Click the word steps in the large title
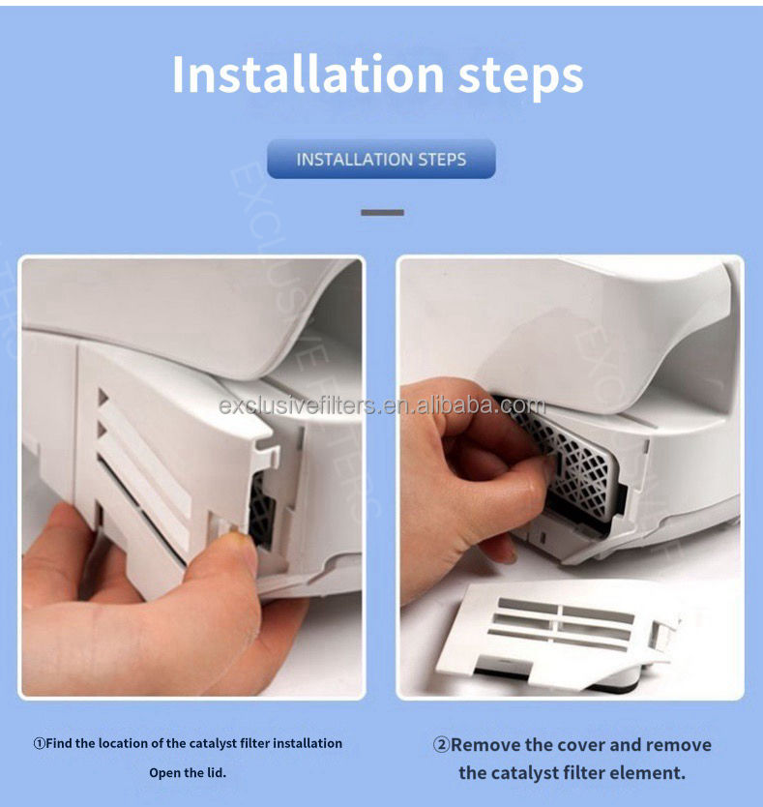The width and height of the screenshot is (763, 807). click(520, 77)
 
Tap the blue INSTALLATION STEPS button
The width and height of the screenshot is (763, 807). click(381, 159)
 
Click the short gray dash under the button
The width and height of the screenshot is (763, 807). click(382, 213)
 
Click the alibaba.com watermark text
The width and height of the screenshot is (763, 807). click(382, 405)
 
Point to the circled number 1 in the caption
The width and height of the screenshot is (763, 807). click(39, 744)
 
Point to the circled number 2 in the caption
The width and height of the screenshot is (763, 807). click(441, 745)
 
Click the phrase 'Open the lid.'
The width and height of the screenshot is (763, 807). click(188, 772)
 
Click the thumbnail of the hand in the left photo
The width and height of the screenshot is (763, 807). click(238, 538)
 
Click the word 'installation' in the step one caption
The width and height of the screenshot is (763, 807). click(308, 743)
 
